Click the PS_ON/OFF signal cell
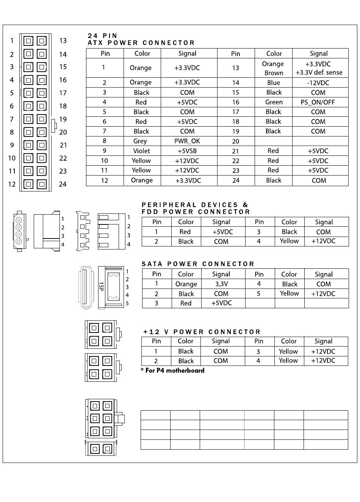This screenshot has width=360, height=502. pos(318,102)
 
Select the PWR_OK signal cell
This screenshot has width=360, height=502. pos(187,141)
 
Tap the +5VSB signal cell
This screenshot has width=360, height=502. pos(187,151)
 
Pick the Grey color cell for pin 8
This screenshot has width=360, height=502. pos(140,141)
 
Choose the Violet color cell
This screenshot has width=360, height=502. pos(141,151)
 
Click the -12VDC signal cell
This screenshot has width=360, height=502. pos(318,83)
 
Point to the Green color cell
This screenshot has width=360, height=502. pos(274,102)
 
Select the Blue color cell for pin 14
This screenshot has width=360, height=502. pos(274,83)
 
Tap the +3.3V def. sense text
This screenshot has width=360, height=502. pos(319,72)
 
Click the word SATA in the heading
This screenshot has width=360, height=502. pos(152,264)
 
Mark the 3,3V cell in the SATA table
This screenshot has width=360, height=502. pos(221,284)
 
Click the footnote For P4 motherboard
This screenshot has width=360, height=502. pos(174,370)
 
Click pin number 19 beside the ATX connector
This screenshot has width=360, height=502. pos(63,119)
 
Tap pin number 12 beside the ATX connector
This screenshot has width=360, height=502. pos(12,184)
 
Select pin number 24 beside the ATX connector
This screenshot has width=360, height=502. pos(63,184)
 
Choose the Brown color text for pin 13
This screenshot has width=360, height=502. pos(274,73)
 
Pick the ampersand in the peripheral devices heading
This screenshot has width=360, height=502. pos(245,205)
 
